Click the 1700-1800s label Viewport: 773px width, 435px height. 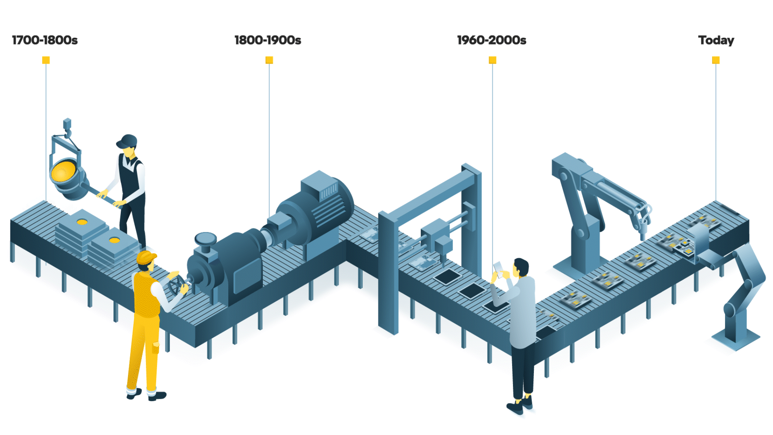pyautogui.click(x=45, y=40)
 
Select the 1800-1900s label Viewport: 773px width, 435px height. pyautogui.click(x=268, y=40)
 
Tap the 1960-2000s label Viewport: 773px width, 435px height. pyautogui.click(x=492, y=40)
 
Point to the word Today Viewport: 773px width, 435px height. pyautogui.click(x=716, y=40)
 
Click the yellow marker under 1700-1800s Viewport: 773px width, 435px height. pyautogui.click(x=46, y=60)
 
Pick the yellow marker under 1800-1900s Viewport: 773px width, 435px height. pyautogui.click(x=269, y=60)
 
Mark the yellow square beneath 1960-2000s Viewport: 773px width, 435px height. pyautogui.click(x=492, y=60)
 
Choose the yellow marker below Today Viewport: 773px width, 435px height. pyautogui.click(x=716, y=60)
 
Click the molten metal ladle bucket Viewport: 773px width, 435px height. pyautogui.click(x=66, y=175)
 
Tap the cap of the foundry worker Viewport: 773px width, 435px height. pyautogui.click(x=128, y=141)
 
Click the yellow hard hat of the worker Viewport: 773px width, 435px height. pyautogui.click(x=146, y=257)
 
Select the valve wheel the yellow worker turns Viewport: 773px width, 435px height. pyautogui.click(x=176, y=284)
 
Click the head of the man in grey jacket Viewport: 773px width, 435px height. pyautogui.click(x=521, y=267)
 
